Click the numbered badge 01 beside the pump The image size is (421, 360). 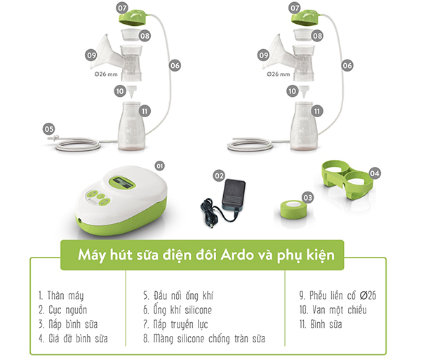click(160, 166)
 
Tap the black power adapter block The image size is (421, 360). click(234, 194)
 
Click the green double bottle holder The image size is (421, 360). click(347, 180)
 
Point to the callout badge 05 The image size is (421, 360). click(49, 129)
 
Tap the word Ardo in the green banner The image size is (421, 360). click(237, 255)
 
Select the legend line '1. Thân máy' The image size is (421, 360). click(61, 296)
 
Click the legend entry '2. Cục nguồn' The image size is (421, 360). click(63, 310)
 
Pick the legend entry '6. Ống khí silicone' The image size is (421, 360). click(178, 310)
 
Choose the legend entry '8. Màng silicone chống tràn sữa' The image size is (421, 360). click(204, 338)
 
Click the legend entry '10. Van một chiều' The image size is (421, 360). click(333, 310)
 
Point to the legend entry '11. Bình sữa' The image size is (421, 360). click(321, 324)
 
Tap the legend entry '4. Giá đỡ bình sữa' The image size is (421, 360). click(73, 338)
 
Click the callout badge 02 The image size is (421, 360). click(219, 176)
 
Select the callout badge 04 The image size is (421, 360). click(375, 173)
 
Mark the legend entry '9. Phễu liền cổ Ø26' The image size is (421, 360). click(338, 295)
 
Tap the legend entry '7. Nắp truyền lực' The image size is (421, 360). click(175, 324)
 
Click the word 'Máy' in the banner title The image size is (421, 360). click(91, 255)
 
